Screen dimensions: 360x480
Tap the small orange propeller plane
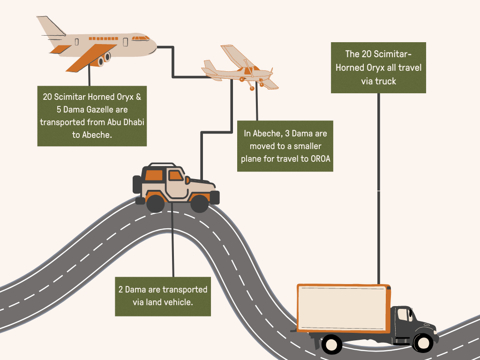click(239, 69)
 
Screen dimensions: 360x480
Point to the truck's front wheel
click(423, 343)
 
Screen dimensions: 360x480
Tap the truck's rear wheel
click(332, 344)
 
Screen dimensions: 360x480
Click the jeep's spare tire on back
click(137, 185)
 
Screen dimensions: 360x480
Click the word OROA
click(320, 158)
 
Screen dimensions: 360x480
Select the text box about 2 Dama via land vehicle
click(163, 296)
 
